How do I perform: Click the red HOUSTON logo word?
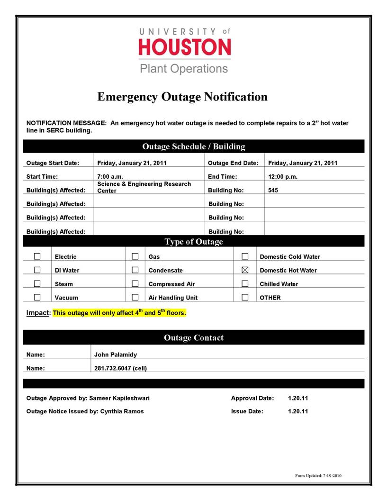[185, 47]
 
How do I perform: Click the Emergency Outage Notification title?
[182, 97]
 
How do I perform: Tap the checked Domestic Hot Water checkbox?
[245, 270]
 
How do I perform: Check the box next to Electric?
[37, 256]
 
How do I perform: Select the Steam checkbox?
[37, 284]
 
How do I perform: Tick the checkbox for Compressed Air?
[135, 284]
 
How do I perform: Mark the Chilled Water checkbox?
[245, 284]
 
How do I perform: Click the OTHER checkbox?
[245, 297]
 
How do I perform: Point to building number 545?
[273, 191]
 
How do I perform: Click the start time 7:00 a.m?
[110, 177]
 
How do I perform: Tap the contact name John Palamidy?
[116, 354]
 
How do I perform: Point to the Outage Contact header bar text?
[193, 338]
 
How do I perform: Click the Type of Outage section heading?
[193, 242]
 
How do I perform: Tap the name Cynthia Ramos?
[122, 411]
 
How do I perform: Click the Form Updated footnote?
[318, 475]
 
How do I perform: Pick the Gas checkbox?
[135, 256]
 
